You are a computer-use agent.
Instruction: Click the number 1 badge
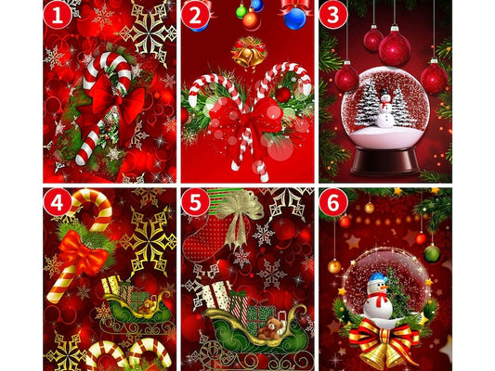(58, 15)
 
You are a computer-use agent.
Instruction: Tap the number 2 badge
(195, 15)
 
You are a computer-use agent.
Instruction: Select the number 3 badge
(333, 15)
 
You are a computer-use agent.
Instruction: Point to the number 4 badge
(58, 202)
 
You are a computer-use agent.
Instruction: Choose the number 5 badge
(195, 202)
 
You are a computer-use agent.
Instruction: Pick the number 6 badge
(333, 202)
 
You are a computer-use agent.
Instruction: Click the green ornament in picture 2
(241, 12)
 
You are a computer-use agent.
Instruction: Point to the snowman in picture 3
(385, 109)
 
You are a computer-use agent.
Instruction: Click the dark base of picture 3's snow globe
(385, 160)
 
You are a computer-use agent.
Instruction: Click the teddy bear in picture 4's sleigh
(147, 307)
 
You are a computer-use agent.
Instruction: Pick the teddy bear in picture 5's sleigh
(270, 328)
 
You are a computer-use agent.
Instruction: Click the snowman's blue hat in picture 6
(379, 278)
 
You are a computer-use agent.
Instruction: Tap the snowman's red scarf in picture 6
(377, 298)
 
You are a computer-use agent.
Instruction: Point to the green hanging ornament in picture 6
(432, 253)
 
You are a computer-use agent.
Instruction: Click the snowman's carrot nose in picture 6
(384, 288)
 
